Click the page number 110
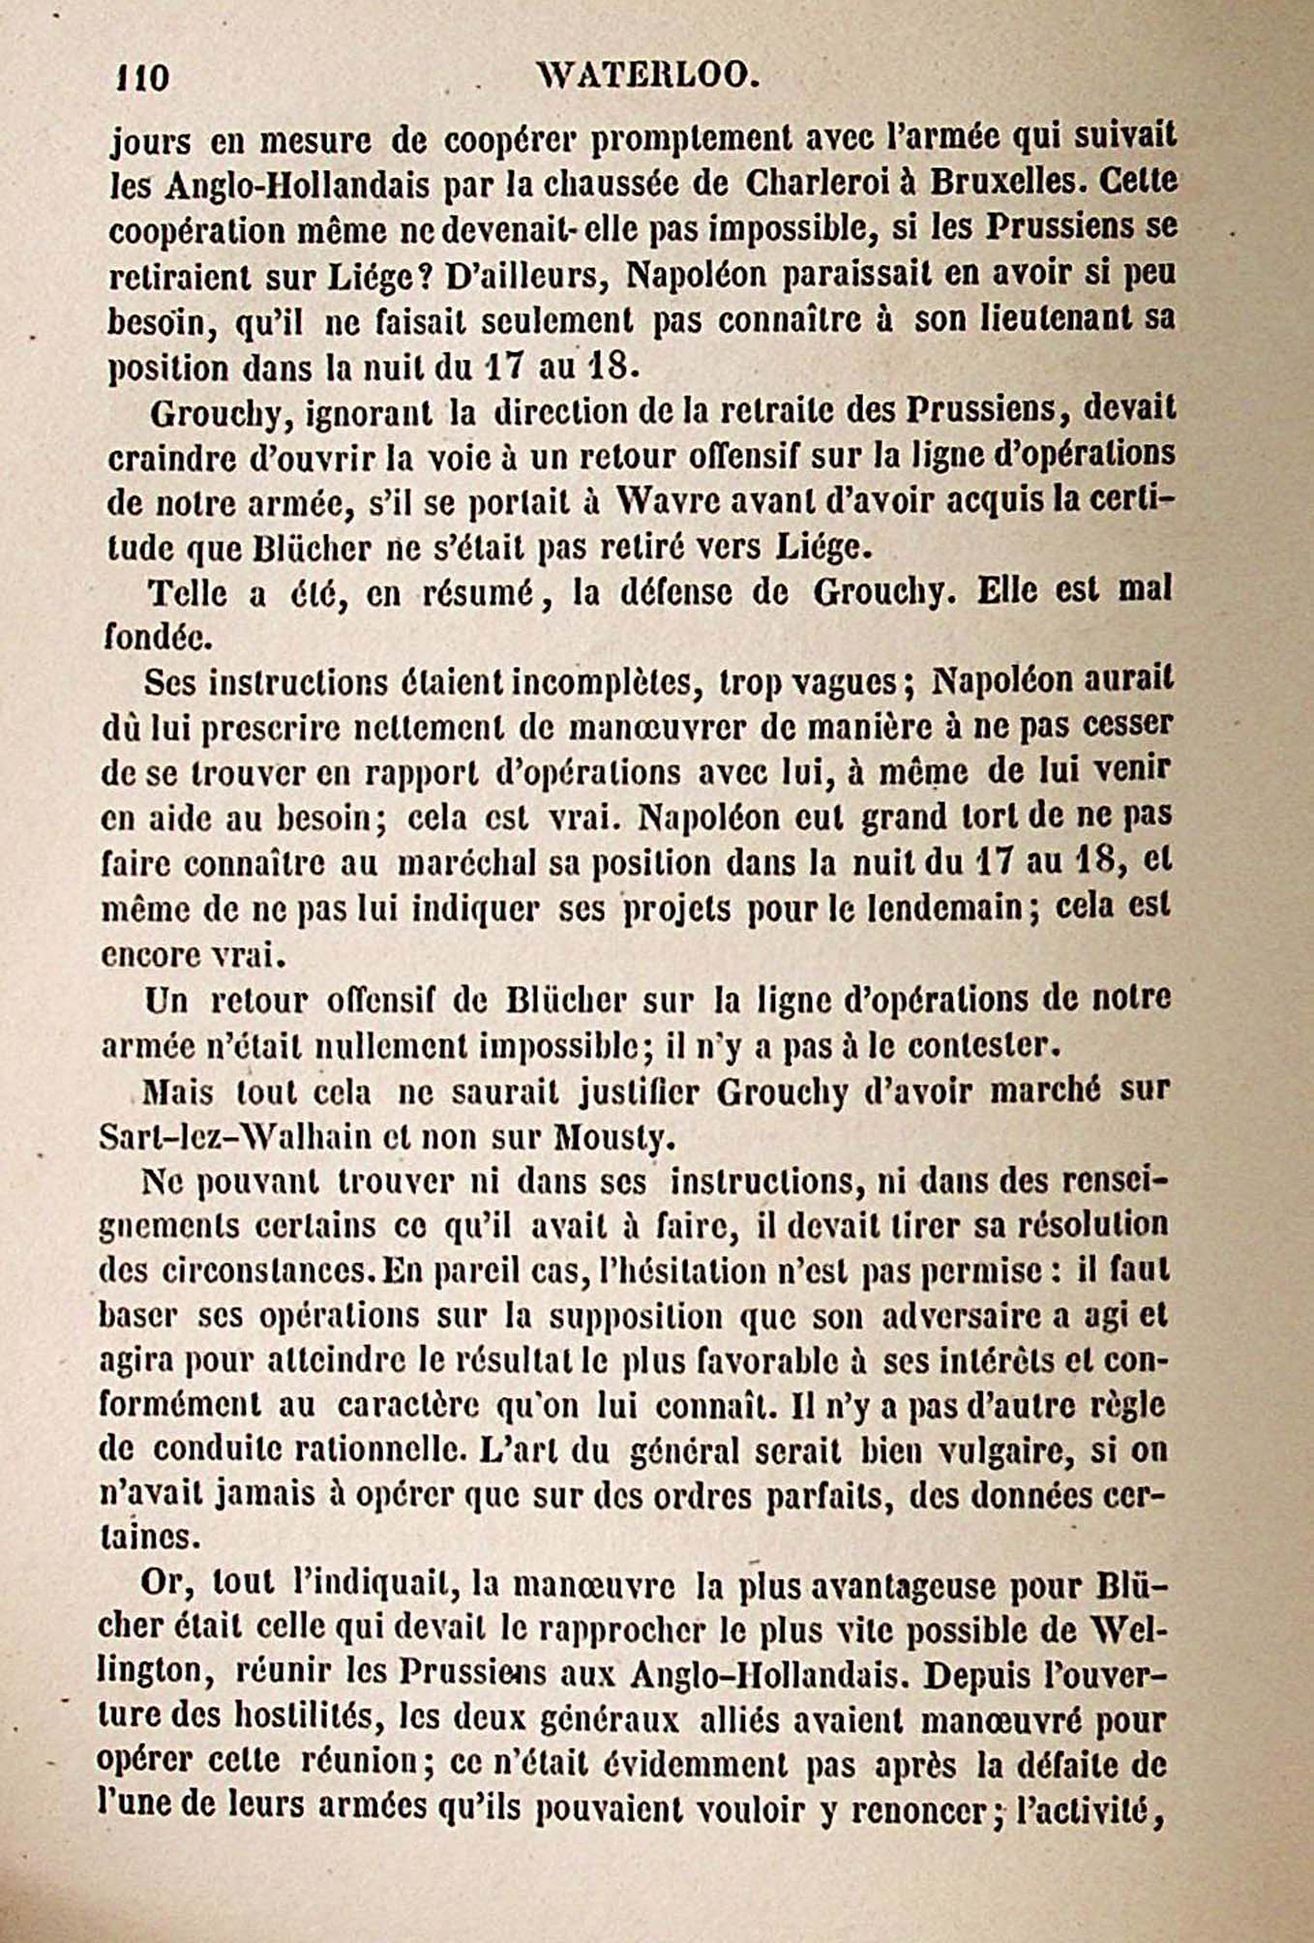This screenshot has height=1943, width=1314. click(141, 76)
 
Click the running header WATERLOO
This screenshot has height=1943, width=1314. click(646, 75)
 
